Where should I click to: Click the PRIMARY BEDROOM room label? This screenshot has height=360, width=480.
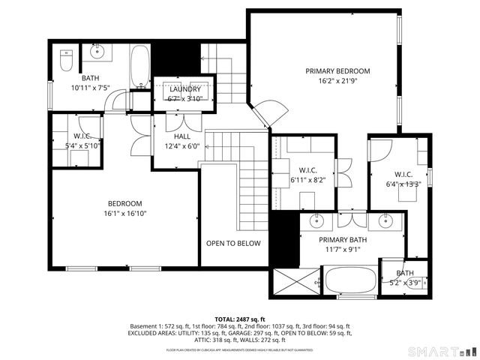tap(337, 71)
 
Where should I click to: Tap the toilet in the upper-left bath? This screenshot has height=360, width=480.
tap(66, 53)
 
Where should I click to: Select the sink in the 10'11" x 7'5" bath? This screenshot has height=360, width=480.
tap(97, 52)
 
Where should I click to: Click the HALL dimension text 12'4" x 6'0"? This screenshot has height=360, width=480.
tap(182, 147)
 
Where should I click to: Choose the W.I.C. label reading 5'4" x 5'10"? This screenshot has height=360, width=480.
tap(82, 145)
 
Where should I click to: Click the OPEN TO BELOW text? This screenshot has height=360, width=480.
tap(233, 244)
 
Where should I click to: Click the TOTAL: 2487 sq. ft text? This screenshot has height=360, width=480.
tap(240, 319)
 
